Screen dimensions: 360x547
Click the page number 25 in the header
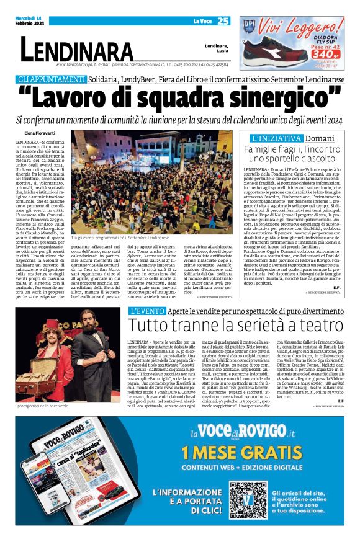coord(223,21)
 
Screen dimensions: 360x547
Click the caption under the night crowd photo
coord(119,238)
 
